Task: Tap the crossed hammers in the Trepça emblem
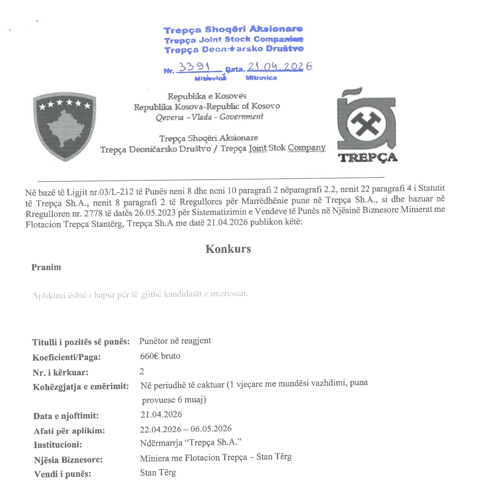coord(366,124)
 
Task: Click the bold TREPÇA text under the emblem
coord(368,158)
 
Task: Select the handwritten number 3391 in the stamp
coord(194,67)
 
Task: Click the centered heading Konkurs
coord(228,249)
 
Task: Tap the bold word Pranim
coord(46,267)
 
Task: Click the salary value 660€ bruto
coord(160,356)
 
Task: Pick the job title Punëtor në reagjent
coord(175,341)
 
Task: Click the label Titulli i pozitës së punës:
coord(81,342)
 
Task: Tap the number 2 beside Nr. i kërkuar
coord(142,371)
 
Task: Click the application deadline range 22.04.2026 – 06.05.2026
coord(186,429)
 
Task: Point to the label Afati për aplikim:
coord(69,431)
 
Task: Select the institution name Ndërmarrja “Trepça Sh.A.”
coord(190,443)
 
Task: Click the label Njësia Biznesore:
coord(68,460)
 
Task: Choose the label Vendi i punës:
coord(63,474)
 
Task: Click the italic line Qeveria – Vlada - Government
coord(209,117)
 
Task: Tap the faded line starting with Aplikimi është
coord(140,295)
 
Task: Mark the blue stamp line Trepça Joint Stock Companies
coord(234,40)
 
